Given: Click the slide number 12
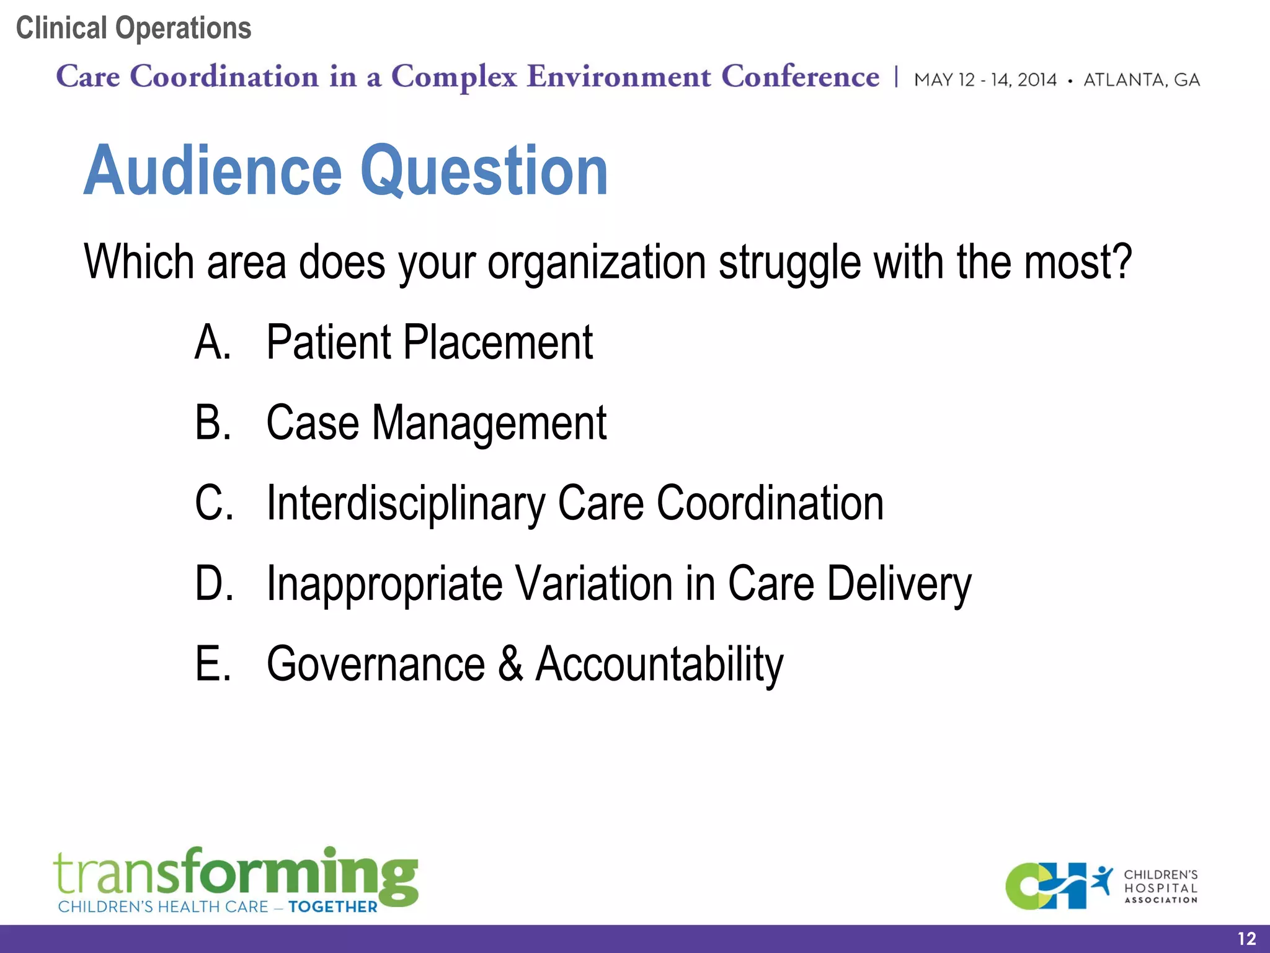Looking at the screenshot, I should (1246, 939).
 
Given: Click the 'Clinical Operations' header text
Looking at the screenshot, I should (133, 28).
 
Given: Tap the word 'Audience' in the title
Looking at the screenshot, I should (213, 170).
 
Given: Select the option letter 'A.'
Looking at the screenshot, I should (213, 342).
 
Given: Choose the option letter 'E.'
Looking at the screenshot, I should (213, 664).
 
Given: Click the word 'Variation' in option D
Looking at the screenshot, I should (594, 584).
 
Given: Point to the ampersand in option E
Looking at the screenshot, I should (510, 664).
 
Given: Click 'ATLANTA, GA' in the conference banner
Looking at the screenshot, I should (1142, 80).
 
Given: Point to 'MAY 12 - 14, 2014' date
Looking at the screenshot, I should (985, 80).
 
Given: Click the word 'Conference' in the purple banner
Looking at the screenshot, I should (800, 77).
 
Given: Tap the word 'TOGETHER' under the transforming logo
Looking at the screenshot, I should (332, 906).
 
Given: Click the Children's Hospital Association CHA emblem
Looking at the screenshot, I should (1054, 886).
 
